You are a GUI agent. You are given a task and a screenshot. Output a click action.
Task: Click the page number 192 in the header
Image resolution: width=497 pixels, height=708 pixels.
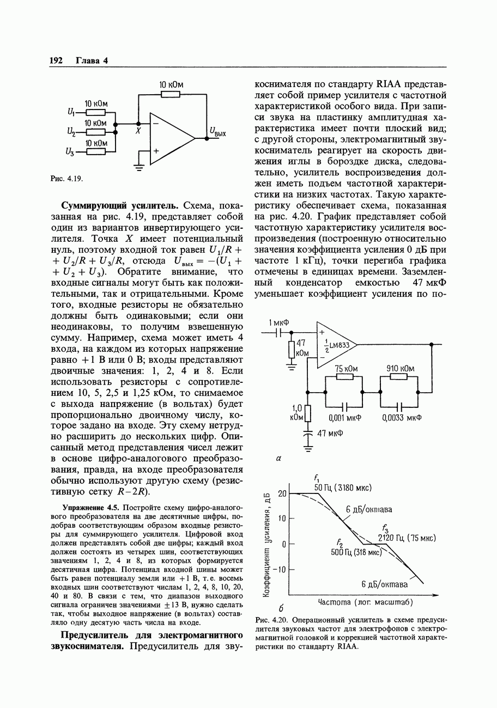[57, 60]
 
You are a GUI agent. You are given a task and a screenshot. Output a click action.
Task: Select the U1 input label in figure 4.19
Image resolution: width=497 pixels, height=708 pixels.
[70, 112]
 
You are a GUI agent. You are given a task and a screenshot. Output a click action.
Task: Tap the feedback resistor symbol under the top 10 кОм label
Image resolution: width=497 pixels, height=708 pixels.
[171, 94]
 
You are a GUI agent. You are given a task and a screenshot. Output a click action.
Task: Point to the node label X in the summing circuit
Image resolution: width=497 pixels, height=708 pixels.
[138, 132]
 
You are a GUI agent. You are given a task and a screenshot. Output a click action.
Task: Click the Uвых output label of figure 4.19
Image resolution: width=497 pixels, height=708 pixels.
[218, 131]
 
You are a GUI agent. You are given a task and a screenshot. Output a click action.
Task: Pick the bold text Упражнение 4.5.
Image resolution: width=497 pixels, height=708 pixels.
[88, 508]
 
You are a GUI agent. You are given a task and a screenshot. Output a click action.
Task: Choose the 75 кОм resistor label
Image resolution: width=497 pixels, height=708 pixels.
[346, 369]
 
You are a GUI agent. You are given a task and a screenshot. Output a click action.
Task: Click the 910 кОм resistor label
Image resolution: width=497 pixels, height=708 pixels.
[400, 369]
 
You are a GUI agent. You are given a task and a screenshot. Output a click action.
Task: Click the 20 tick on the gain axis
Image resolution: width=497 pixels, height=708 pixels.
[282, 493]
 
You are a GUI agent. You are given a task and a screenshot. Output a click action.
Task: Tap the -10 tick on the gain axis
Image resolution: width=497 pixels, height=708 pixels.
[280, 570]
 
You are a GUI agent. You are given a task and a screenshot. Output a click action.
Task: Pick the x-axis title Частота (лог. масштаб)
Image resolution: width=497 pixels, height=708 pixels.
[365, 602]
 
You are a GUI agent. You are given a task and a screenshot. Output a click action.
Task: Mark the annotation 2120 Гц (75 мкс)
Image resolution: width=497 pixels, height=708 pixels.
[407, 538]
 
